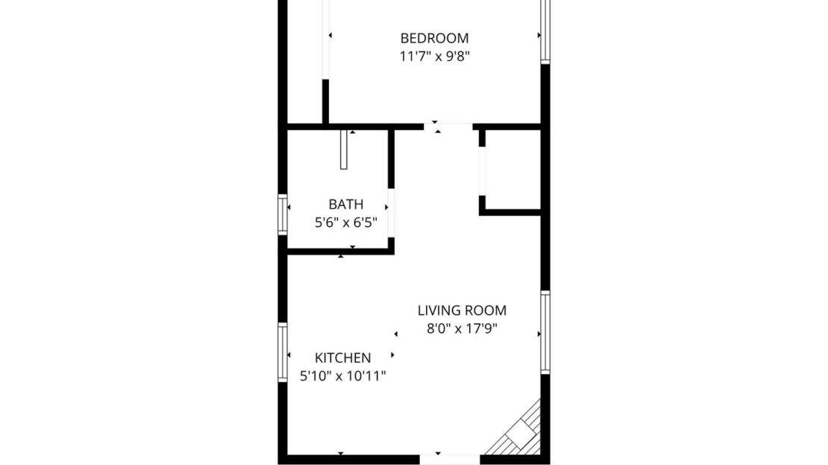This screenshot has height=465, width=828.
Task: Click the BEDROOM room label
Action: [434, 38]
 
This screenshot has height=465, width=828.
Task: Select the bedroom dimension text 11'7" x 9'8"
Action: [434, 56]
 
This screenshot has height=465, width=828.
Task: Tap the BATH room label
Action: [346, 204]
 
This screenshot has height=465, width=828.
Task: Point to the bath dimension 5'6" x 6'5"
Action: [346, 222]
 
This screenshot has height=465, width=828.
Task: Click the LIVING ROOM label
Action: [462, 310]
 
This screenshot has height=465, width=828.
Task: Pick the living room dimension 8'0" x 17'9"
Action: [462, 328]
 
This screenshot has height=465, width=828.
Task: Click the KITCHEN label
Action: [342, 358]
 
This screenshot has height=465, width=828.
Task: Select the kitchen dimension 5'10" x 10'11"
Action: [342, 376]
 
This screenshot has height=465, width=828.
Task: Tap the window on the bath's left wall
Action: [283, 214]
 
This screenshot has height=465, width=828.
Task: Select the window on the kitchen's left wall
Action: [283, 352]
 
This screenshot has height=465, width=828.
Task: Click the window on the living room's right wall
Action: [545, 332]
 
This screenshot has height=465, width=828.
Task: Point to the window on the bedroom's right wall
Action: [545, 30]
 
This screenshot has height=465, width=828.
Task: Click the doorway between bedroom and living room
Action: [448, 126]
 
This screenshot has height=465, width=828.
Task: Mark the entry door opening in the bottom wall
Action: [449, 458]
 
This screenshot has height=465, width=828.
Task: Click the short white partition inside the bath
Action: [344, 150]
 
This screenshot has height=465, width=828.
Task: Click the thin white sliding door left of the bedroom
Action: [325, 37]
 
